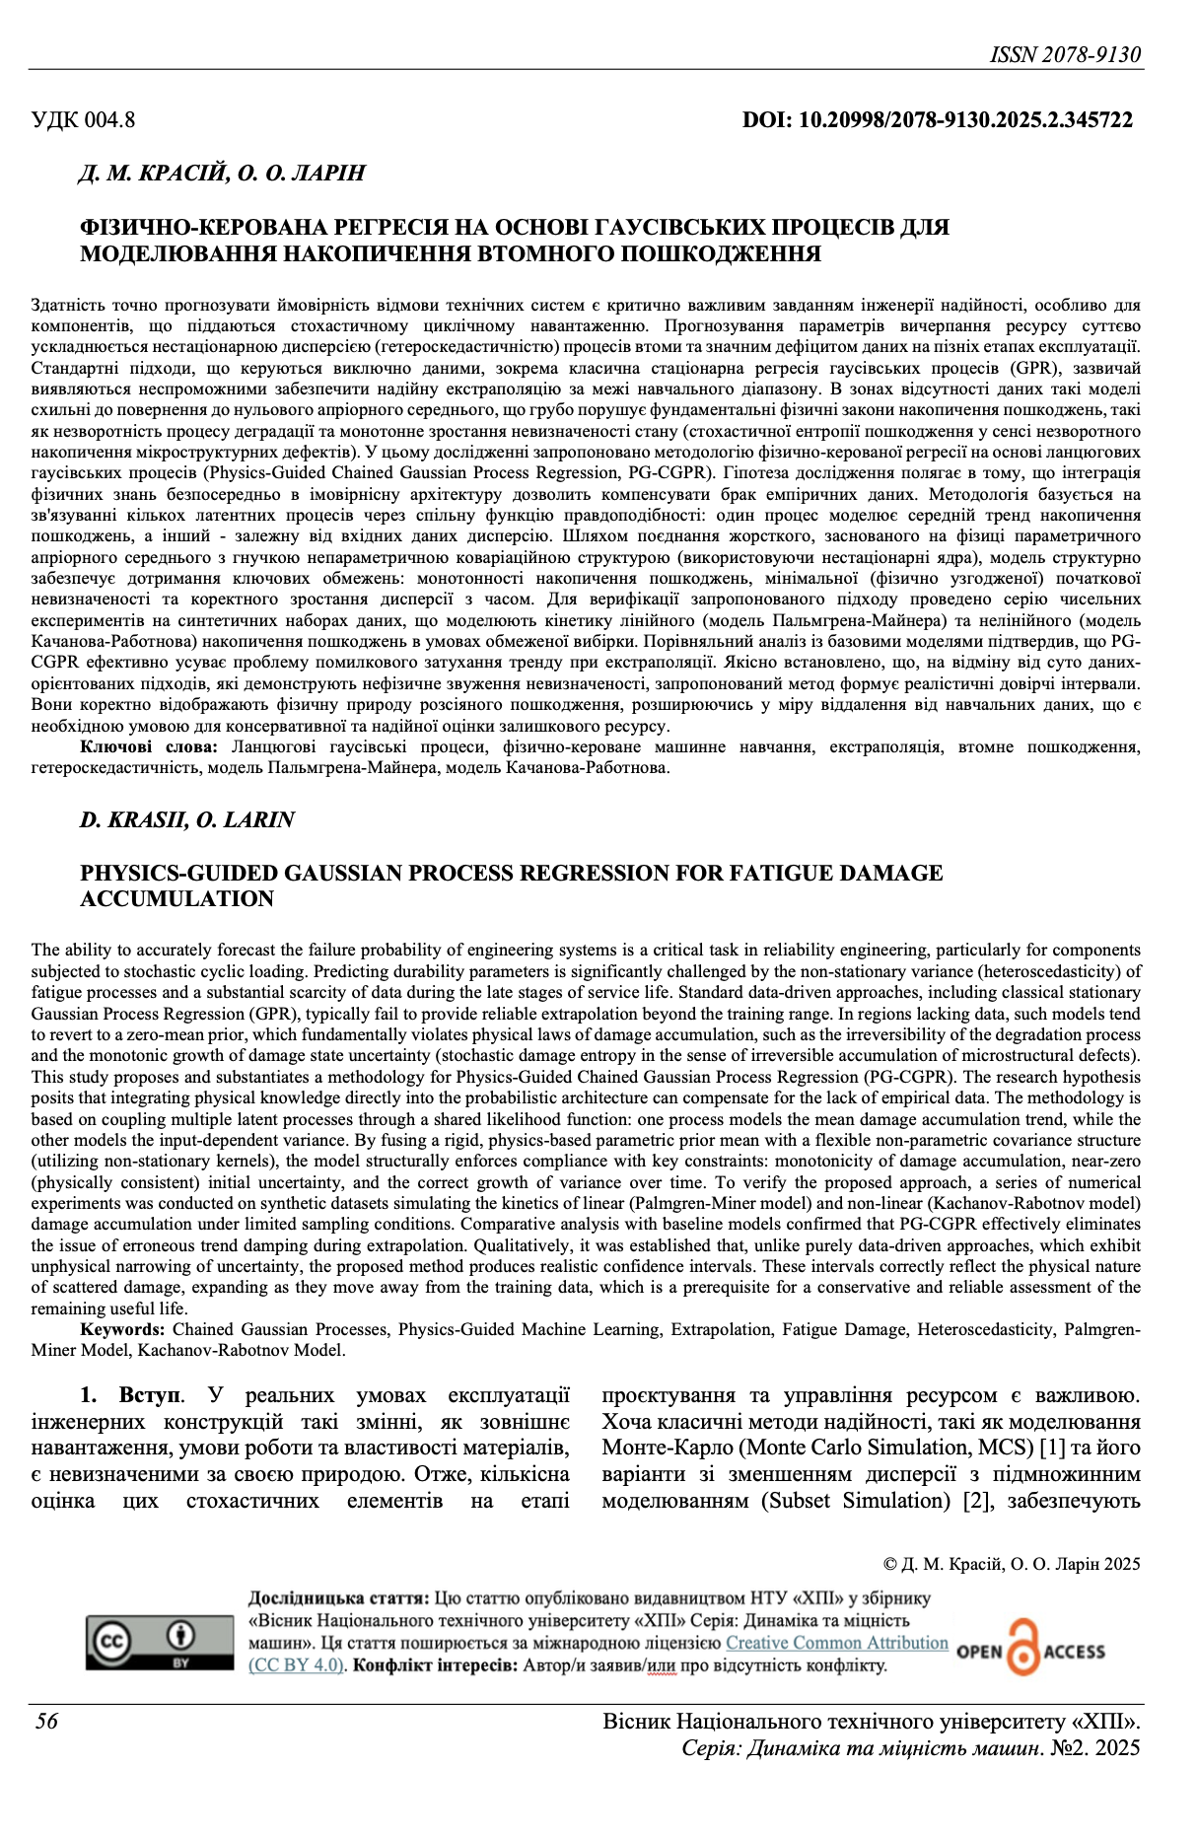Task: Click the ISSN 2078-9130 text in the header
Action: point(1065,54)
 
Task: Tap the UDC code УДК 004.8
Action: point(84,120)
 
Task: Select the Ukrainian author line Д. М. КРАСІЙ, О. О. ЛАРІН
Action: point(222,174)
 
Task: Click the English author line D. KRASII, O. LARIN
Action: point(187,819)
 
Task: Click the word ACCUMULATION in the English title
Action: point(177,898)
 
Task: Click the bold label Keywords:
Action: point(123,1329)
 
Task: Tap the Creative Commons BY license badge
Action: point(158,1643)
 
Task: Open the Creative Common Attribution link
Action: point(836,1643)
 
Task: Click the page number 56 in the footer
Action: point(46,1722)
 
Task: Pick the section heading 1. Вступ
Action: point(130,1395)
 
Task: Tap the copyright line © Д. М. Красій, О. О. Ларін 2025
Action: point(1012,1564)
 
